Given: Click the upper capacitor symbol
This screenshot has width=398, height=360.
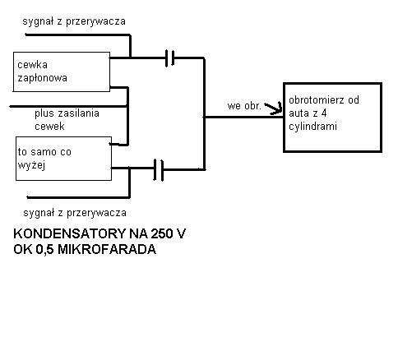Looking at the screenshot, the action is click(x=170, y=58).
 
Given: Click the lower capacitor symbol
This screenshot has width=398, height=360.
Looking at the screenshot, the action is click(x=159, y=170).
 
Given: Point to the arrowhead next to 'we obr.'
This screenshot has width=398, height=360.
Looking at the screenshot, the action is click(x=275, y=108).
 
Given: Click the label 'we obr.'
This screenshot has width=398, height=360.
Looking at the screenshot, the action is click(x=243, y=106).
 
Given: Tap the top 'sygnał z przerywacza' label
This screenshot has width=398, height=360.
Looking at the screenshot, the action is click(x=74, y=21).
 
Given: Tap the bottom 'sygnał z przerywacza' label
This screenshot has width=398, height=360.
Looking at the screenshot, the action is click(x=75, y=213).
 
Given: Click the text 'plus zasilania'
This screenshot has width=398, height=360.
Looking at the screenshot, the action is click(x=67, y=113).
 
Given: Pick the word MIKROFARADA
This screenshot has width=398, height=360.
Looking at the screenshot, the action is click(x=107, y=249).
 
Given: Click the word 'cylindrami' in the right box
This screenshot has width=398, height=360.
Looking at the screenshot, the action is click(x=312, y=127).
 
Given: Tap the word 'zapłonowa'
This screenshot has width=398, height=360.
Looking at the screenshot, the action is click(x=42, y=78).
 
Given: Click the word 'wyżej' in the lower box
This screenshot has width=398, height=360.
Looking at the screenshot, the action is click(x=31, y=165).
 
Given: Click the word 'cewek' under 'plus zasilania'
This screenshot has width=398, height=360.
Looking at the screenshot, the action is click(x=49, y=127).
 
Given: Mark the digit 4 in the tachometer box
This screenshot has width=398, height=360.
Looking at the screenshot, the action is click(x=324, y=113).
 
